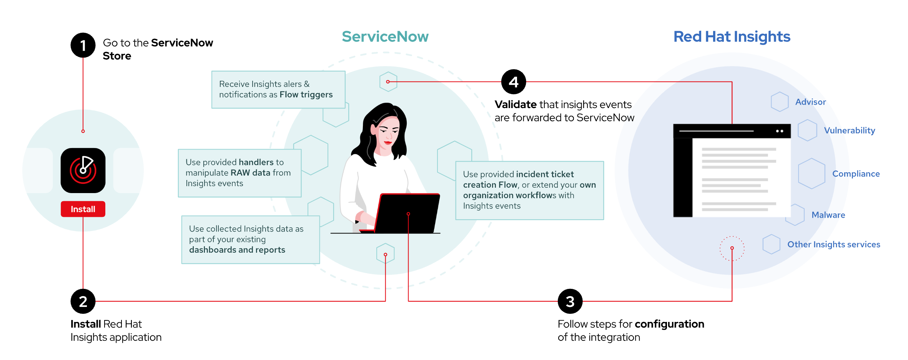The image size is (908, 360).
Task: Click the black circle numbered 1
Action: click(83, 45)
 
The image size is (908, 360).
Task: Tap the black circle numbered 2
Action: click(83, 301)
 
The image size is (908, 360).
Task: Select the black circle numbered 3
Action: click(570, 301)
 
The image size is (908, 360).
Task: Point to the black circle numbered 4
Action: click(514, 82)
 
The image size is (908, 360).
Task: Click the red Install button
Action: click(83, 209)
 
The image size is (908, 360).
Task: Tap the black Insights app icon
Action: click(83, 170)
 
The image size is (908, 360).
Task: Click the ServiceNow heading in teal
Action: click(385, 37)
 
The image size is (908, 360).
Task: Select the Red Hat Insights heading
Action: click(732, 37)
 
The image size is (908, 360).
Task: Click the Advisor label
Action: click(810, 102)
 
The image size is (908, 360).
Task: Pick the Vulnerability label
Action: click(849, 130)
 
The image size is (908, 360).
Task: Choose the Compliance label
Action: click(856, 174)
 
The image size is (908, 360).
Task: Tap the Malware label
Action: click(828, 215)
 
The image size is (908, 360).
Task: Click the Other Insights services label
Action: click(833, 244)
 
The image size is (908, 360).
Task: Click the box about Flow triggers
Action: click(278, 90)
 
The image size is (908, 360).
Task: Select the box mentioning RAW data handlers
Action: click(239, 173)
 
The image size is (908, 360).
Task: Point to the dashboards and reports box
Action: click(250, 240)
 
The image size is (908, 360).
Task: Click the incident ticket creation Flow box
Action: click(529, 190)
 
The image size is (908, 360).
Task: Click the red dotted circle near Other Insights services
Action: click(732, 248)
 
